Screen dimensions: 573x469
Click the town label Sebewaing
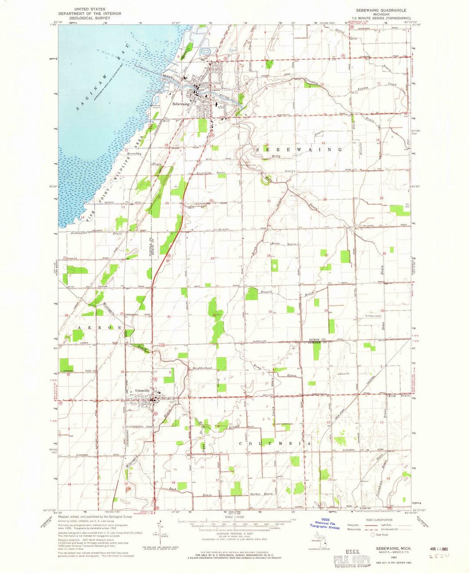pos(181,104)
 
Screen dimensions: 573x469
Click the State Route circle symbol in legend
pos(373,535)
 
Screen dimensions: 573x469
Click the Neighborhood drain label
pos(202,368)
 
